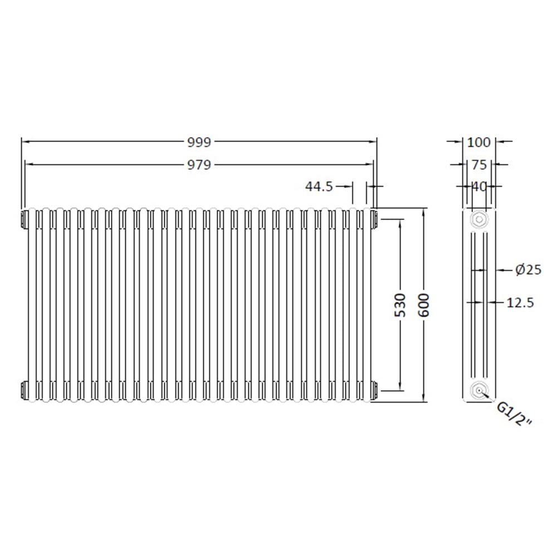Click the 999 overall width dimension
[x=199, y=142]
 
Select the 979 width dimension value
[x=199, y=164]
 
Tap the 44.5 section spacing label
[x=319, y=187]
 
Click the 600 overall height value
[x=424, y=305]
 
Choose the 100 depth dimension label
[x=478, y=142]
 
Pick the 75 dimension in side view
[x=478, y=164]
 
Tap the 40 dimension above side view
[x=478, y=187]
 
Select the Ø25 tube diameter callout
[x=527, y=270]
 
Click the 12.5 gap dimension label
[x=521, y=302]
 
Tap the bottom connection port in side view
[x=478, y=390]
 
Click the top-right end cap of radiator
[x=374, y=219]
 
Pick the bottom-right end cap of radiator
[x=374, y=390]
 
